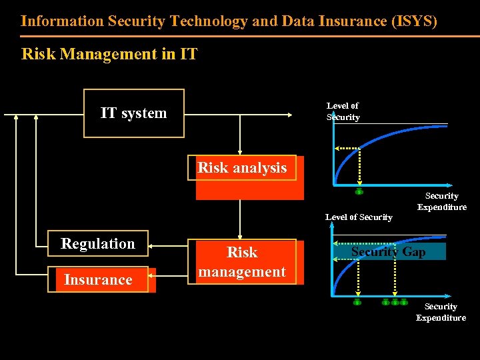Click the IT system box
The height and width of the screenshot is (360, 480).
pyautogui.click(x=133, y=113)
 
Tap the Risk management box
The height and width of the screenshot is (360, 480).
pyautogui.click(x=242, y=262)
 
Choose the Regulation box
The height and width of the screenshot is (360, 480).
pyautogui.click(x=98, y=244)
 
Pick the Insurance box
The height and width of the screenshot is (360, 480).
pyautogui.click(x=98, y=280)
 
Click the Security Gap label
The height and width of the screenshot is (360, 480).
pyautogui.click(x=389, y=252)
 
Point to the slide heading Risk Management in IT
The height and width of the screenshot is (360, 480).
pyautogui.click(x=109, y=54)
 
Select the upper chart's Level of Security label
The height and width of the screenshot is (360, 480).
pyautogui.click(x=343, y=111)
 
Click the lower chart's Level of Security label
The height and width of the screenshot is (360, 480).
pyautogui.click(x=359, y=217)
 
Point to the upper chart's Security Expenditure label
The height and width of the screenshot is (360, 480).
pyautogui.click(x=442, y=201)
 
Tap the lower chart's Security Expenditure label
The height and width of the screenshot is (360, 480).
pyautogui.click(x=441, y=312)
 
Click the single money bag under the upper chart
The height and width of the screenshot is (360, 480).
pyautogui.click(x=359, y=192)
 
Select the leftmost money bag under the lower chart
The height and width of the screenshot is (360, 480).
pyautogui.click(x=357, y=303)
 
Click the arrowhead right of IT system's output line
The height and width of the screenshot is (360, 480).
pyautogui.click(x=289, y=115)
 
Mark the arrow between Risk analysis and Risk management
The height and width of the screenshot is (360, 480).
pyautogui.click(x=240, y=220)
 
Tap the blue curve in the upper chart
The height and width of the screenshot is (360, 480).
pyautogui.click(x=373, y=137)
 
